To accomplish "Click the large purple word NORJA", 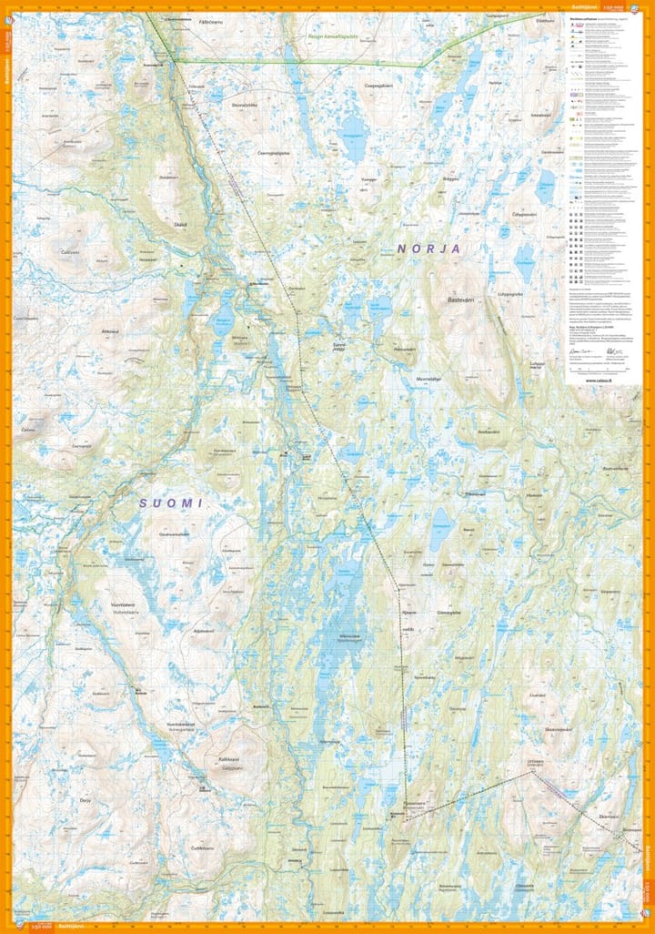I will (x=428, y=248).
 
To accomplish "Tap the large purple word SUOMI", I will (x=170, y=503).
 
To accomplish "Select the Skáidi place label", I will (x=180, y=224).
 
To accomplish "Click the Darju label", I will (x=86, y=799).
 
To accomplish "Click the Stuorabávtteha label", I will (x=246, y=105).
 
